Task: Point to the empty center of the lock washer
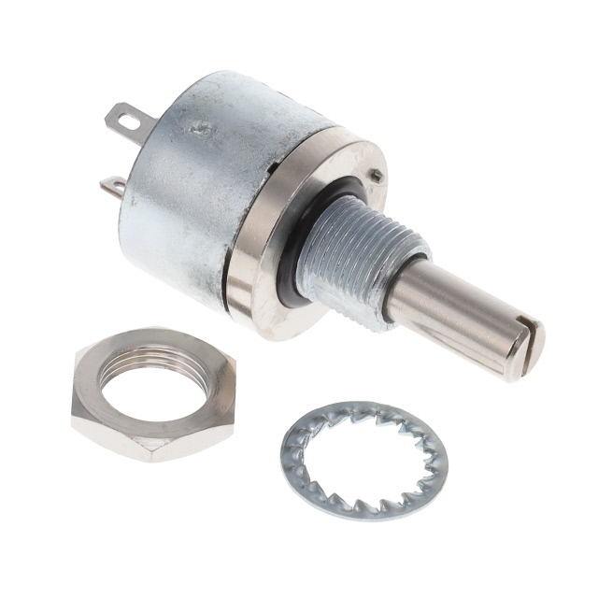pos(364,459)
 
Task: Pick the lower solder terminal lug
pos(112,187)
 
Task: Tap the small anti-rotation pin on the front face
pos(375,174)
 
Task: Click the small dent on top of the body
pos(199,131)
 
